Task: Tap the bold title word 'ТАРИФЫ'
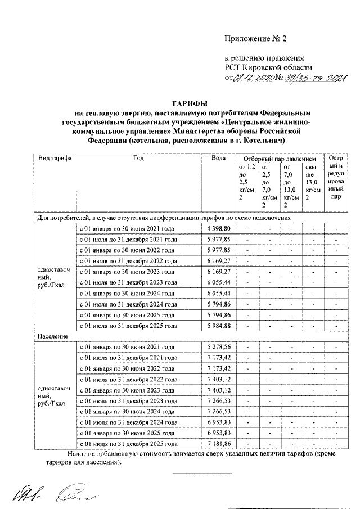189,103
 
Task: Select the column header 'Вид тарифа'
55,159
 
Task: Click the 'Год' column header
138,159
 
